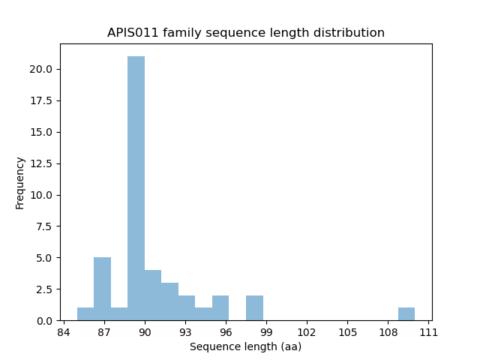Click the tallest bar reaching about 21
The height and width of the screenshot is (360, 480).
click(x=136, y=188)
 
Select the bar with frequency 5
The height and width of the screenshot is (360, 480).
click(x=102, y=289)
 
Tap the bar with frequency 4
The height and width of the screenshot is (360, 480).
click(x=153, y=295)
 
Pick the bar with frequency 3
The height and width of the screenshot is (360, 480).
click(x=169, y=301)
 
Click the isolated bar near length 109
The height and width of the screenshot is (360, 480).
click(x=406, y=314)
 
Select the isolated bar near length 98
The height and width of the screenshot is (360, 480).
click(x=254, y=308)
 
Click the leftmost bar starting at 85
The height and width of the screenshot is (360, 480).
click(x=85, y=314)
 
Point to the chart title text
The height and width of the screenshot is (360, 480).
click(x=246, y=33)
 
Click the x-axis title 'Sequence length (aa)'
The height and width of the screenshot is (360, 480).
click(x=246, y=346)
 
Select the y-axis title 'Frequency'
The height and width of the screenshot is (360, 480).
click(x=20, y=182)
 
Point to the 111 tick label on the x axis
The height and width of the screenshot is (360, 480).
click(x=428, y=331)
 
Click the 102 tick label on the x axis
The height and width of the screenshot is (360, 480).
click(x=307, y=331)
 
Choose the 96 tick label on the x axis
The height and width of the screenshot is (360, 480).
click(x=226, y=331)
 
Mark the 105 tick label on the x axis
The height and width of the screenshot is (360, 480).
click(x=347, y=331)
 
